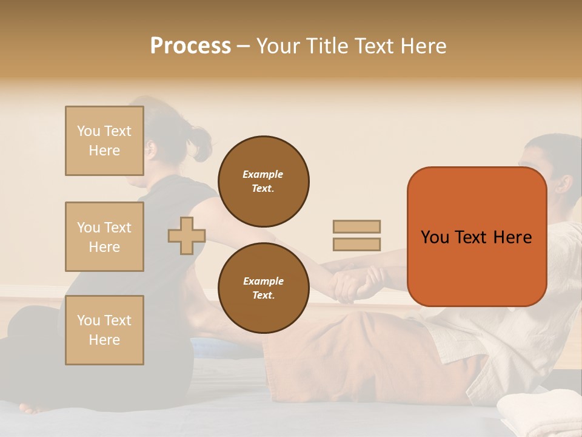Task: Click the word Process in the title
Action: (190, 46)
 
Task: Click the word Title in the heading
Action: (325, 46)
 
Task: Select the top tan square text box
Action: (104, 141)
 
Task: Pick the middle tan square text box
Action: (104, 237)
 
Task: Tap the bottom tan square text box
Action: (104, 330)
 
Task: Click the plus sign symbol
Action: (187, 235)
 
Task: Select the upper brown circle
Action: (264, 181)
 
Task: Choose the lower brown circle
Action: (264, 288)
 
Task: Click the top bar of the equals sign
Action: (356, 226)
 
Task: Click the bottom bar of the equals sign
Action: (356, 245)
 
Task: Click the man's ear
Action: (564, 184)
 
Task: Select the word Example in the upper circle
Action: (263, 174)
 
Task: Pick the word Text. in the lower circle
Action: (263, 295)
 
